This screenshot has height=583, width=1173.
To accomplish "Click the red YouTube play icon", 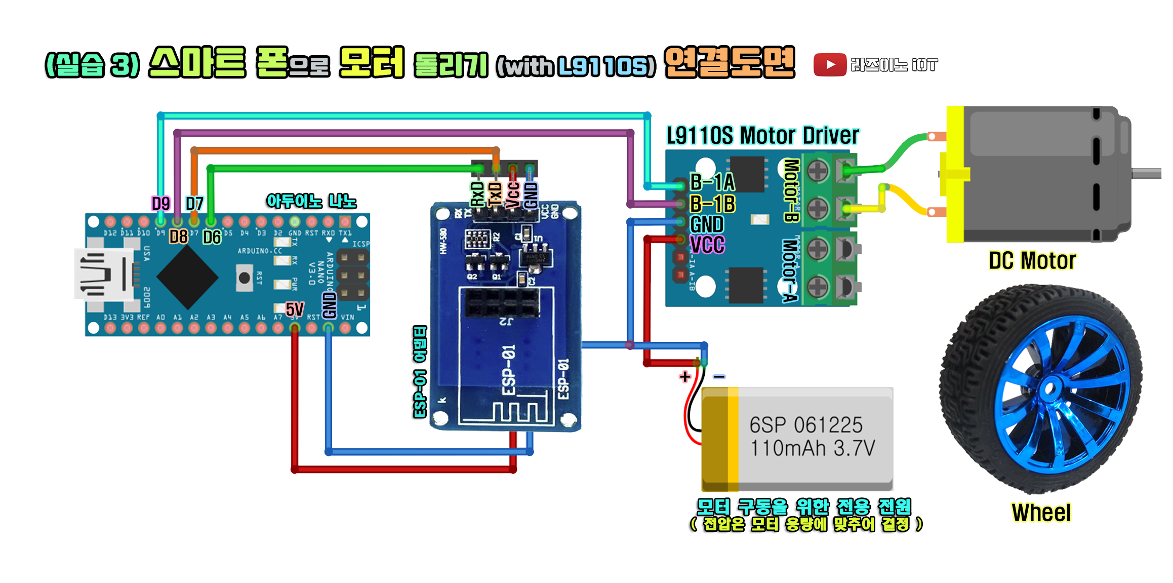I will tap(830, 65).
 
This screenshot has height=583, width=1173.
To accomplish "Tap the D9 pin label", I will tap(160, 204).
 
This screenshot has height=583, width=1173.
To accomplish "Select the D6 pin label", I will tap(212, 237).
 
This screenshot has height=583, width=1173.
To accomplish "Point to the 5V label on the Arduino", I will tap(295, 309).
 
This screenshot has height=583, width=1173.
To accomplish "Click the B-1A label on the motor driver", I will tap(712, 182).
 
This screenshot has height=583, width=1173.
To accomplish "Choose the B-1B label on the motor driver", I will tap(713, 204).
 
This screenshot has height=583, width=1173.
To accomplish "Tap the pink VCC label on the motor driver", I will tap(707, 245).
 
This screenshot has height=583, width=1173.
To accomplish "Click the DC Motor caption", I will tap(1032, 260).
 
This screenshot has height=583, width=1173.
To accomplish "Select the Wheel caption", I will tap(1041, 513).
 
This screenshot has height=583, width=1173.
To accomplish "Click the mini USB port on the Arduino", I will tap(104, 275).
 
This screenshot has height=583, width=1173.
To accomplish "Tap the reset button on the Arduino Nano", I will tap(245, 278).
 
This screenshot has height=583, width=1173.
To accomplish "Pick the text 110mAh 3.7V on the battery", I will tap(812, 448).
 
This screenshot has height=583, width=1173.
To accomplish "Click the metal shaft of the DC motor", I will tap(1146, 173).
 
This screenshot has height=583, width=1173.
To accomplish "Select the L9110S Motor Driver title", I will tap(762, 135).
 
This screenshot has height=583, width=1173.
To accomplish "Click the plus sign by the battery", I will tap(685, 376).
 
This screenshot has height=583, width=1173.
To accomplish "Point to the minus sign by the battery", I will tap(719, 376).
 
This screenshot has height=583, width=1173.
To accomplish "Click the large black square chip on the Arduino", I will tap(187, 277).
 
